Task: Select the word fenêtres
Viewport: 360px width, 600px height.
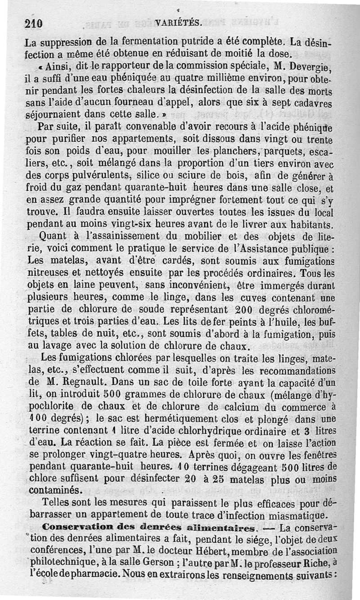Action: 314,456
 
